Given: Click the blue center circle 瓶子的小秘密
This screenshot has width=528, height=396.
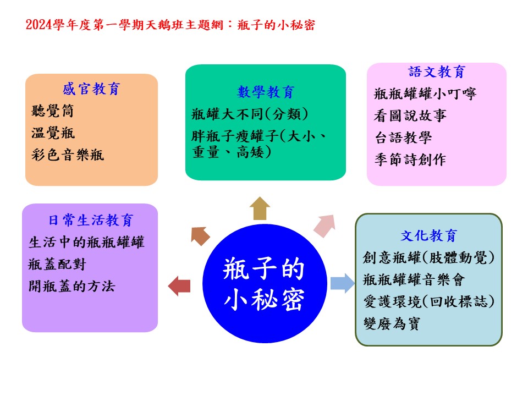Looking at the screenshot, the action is pyautogui.click(x=265, y=284).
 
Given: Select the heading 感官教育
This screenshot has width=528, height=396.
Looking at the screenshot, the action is pyautogui.click(x=91, y=89).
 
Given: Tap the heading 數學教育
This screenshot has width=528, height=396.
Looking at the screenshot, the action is pyautogui.click(x=266, y=92).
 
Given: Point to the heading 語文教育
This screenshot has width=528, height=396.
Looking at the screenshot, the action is pyautogui.click(x=437, y=71).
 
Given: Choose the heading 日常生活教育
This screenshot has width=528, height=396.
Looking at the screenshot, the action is pyautogui.click(x=91, y=220).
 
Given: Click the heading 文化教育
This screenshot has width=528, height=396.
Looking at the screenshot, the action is pyautogui.click(x=428, y=236).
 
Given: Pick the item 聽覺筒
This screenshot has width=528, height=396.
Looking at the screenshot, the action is pyautogui.click(x=53, y=111).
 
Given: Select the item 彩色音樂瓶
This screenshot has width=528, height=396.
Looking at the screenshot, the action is pyautogui.click(x=68, y=155).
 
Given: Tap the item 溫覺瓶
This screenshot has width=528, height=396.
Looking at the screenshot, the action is pyautogui.click(x=53, y=133).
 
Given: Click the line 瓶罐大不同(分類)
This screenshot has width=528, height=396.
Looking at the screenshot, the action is pyautogui.click(x=250, y=114).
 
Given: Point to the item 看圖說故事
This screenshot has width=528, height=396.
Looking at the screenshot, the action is pyautogui.click(x=410, y=116).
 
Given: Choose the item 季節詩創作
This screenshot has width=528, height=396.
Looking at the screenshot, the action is pyautogui.click(x=410, y=159).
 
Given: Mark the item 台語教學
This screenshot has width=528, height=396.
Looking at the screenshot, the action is pyautogui.click(x=403, y=137).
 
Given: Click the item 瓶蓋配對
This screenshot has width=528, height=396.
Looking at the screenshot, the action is pyautogui.click(x=57, y=265).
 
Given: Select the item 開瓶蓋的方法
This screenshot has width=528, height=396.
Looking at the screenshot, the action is pyautogui.click(x=71, y=286).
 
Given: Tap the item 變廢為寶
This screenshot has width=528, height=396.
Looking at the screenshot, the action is pyautogui.click(x=392, y=323).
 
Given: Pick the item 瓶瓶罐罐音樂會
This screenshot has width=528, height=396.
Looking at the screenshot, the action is pyautogui.click(x=414, y=279).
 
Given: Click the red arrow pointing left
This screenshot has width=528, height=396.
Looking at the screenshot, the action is pyautogui.click(x=179, y=286).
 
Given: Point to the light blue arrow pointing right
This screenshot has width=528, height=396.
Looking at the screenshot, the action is pyautogui.click(x=343, y=283).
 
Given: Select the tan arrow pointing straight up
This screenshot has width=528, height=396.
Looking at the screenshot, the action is pyautogui.click(x=260, y=208).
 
